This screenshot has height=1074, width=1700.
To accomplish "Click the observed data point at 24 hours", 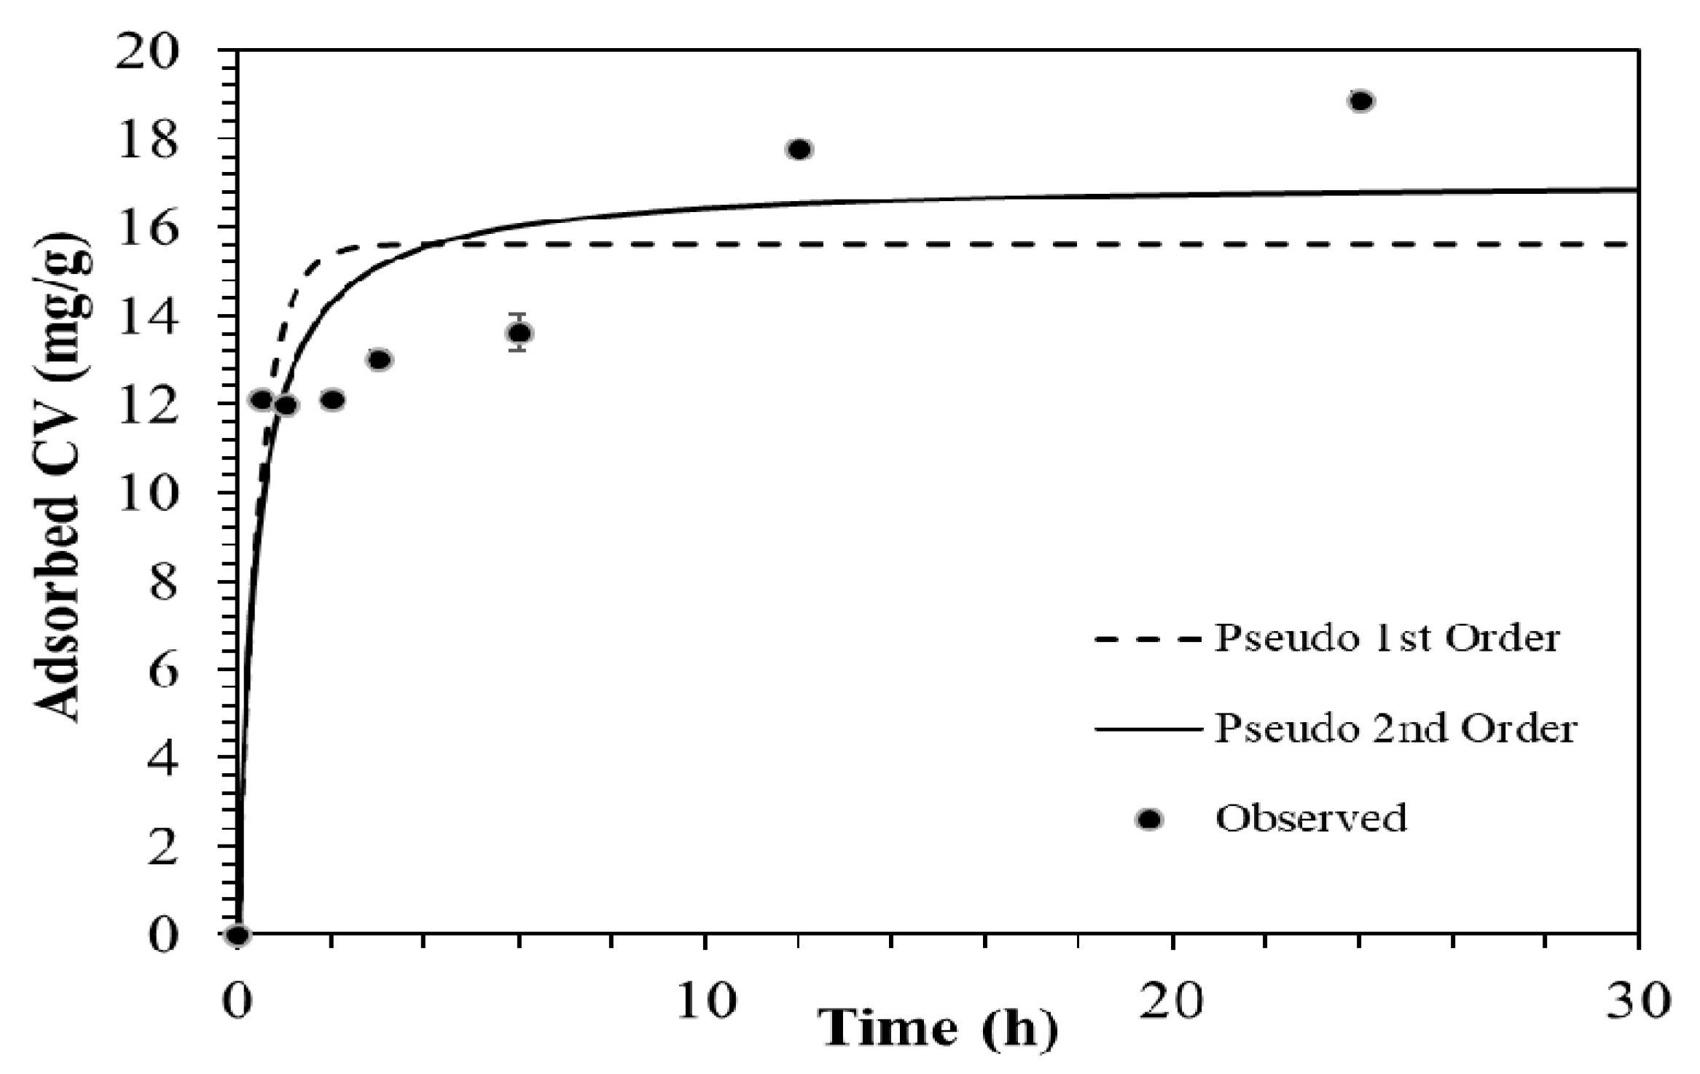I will pos(1360,101).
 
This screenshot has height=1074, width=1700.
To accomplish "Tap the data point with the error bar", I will pos(518,333).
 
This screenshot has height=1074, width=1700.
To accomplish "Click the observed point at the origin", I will pos(238,935).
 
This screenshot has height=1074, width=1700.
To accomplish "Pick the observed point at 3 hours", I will pos(379,360).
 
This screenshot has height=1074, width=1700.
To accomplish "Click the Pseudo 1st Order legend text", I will pos(1387,638).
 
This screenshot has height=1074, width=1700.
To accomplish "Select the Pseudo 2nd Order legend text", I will pos(1395,728).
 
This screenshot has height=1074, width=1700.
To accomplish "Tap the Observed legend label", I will pos(1311,818).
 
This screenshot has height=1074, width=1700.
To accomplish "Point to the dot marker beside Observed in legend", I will pos(1149,820).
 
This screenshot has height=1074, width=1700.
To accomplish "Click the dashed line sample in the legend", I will pos(1148,640).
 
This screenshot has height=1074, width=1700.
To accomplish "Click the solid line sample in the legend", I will pos(1148,729).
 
